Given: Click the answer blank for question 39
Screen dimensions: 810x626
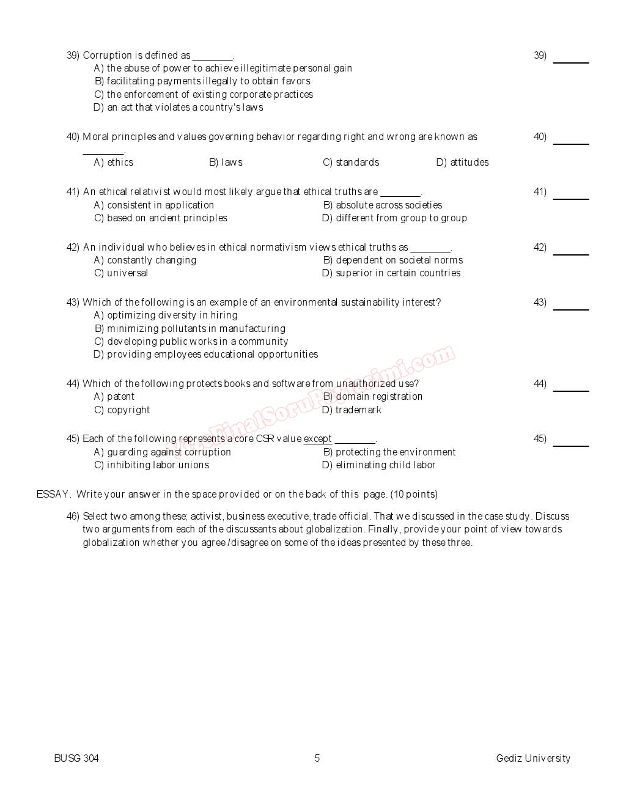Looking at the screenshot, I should click(570, 60).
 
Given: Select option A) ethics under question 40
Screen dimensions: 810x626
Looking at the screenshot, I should click(114, 163).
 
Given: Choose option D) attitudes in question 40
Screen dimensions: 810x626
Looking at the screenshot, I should click(462, 163).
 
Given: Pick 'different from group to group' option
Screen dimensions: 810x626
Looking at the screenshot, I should click(394, 218).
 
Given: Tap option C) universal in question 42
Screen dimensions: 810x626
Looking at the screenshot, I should click(121, 273).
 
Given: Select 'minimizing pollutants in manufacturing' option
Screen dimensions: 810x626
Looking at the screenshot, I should click(190, 329).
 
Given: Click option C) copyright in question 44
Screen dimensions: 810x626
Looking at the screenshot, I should click(122, 410).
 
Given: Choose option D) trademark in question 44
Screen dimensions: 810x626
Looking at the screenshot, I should click(352, 410).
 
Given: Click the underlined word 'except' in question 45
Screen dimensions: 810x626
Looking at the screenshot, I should click(317, 439).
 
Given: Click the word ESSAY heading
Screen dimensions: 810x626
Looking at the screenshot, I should click(53, 495).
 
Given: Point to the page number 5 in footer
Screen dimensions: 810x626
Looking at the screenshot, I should click(317, 759).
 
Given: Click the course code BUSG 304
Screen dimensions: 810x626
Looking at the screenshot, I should click(76, 759).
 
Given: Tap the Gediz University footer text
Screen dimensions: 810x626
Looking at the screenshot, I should click(533, 759).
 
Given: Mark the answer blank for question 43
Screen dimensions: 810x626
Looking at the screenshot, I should click(570, 307).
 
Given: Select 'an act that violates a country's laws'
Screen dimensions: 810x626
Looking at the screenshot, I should click(178, 108).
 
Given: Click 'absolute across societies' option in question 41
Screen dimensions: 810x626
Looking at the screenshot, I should click(382, 205).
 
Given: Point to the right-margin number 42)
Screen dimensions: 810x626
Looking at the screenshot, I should click(540, 248).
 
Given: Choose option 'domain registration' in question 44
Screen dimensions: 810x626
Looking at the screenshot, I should click(373, 397).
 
